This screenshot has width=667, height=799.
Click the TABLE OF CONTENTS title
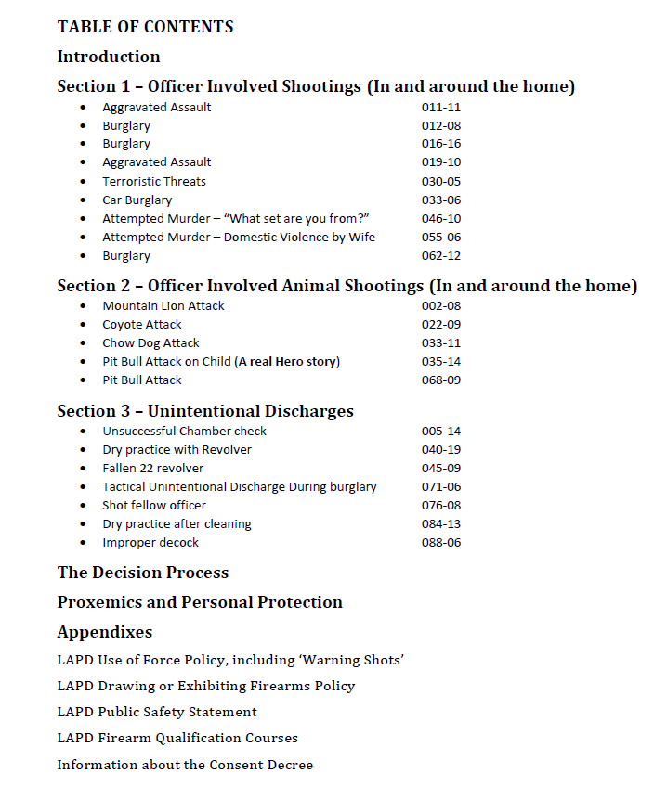[145, 27]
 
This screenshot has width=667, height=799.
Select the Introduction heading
[109, 57]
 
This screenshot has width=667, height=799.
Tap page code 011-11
[441, 107]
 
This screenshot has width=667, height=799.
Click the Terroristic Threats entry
[154, 181]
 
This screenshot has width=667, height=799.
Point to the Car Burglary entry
[137, 200]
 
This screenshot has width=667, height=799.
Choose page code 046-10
[441, 218]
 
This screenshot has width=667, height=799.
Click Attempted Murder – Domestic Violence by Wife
[239, 237]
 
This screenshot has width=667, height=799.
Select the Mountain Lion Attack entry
[163, 305]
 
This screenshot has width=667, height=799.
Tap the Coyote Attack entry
[142, 324]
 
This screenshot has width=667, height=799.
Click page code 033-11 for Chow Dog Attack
[441, 342]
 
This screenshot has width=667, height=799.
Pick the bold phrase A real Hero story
[287, 361]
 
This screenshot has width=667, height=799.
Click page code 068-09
[441, 380]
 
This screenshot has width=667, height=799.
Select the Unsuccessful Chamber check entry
[184, 431]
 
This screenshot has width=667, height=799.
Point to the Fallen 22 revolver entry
[153, 468]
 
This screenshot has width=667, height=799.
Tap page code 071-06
[441, 486]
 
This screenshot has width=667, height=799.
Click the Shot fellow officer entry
[154, 505]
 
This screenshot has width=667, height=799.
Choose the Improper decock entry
[150, 542]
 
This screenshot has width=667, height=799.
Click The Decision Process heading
[143, 573]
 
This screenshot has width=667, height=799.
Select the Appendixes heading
[105, 632]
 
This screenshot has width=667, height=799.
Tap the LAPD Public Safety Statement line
[157, 712]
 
